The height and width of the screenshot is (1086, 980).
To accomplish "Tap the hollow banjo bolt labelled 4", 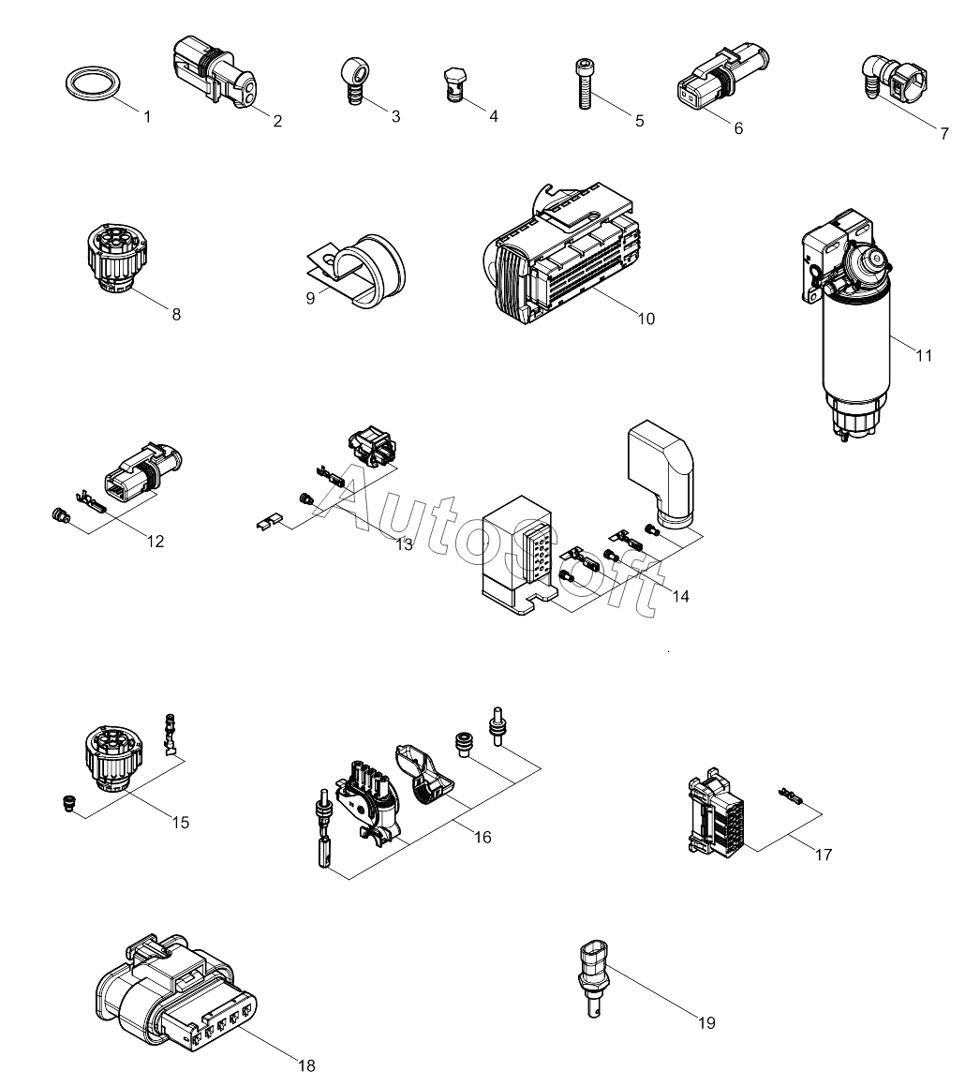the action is coord(453,84).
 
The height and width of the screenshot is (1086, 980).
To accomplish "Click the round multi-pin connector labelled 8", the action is coord(117,259).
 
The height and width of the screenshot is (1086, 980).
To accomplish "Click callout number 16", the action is coord(483,838).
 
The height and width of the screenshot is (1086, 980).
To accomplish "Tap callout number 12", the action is coord(156,542).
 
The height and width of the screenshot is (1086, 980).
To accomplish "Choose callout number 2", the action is coord(277,121).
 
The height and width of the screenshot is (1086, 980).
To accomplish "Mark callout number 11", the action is coord(924,356).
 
